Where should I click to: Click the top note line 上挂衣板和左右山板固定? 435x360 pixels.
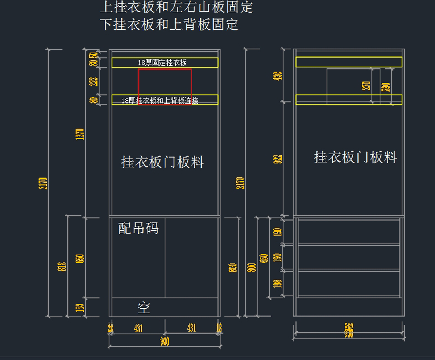176,8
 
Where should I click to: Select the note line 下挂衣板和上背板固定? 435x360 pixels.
169,25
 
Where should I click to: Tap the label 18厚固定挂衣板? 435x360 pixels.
162,63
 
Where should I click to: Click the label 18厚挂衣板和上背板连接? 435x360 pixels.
159,100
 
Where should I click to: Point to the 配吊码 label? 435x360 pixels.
138,228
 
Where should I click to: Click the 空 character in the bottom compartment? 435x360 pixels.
144,308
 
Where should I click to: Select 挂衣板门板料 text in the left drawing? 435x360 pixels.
162,162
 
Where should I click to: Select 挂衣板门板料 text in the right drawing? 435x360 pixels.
355,157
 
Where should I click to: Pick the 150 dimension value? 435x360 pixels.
81,307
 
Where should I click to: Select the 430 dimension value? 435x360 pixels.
279,76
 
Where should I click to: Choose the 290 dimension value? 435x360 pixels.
386,87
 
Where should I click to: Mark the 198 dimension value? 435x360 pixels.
278,284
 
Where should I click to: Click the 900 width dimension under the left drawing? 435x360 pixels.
165,341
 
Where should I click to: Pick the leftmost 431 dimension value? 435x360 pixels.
138,328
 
